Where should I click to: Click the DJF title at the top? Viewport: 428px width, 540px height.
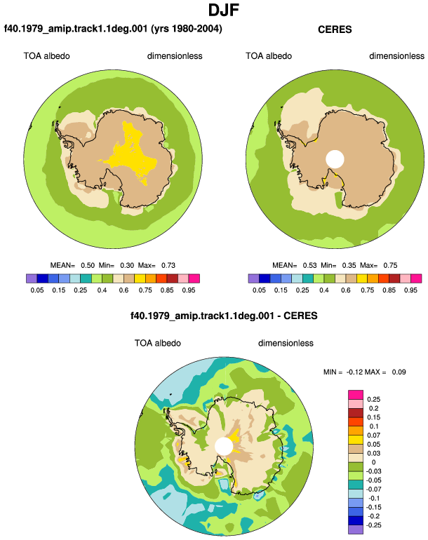[224, 10]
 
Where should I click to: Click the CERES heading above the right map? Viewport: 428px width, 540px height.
[335, 29]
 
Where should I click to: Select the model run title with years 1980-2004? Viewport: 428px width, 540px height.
[113, 29]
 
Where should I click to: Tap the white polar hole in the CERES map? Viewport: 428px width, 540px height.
[335, 159]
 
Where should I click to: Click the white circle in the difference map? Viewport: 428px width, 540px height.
[224, 446]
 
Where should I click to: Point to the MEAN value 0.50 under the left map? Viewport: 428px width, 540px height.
[88, 265]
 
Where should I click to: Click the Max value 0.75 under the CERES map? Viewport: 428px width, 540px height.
[390, 265]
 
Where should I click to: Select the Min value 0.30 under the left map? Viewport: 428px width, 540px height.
[127, 265]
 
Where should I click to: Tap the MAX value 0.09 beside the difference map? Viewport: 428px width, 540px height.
[399, 372]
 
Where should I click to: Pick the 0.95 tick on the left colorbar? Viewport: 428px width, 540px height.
[189, 290]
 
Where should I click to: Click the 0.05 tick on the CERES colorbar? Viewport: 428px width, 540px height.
[259, 290]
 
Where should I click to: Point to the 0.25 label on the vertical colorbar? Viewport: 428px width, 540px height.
[373, 400]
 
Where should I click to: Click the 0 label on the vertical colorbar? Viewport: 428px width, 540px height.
[373, 462]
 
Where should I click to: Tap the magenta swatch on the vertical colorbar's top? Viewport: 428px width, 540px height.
[356, 395]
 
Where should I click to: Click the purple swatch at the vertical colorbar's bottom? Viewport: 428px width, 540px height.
[356, 529]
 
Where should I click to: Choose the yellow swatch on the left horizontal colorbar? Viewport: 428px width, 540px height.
[140, 278]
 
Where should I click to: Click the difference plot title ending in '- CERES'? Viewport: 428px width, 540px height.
[224, 316]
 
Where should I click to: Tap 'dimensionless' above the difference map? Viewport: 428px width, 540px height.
[286, 343]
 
